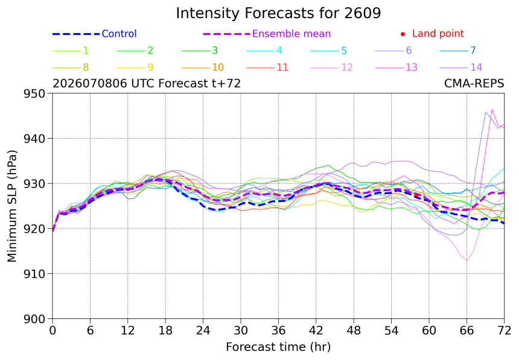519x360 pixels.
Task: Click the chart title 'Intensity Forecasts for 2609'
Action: [x=278, y=13]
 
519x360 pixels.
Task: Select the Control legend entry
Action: [x=94, y=34]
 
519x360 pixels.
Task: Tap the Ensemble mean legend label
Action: [x=291, y=34]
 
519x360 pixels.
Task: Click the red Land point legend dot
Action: [x=403, y=34]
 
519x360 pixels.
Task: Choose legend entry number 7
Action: [x=458, y=51]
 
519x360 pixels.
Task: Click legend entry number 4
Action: [x=264, y=51]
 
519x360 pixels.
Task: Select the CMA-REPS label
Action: [x=474, y=83]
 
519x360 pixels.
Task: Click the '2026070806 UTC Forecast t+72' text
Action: [x=147, y=83]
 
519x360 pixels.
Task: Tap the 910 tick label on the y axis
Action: [x=34, y=274]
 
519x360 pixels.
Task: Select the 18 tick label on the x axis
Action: [x=165, y=330]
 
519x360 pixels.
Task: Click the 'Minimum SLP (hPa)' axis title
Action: [x=12, y=206]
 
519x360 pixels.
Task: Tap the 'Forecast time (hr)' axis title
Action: [x=278, y=347]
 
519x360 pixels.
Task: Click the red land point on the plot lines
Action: [x=416, y=195]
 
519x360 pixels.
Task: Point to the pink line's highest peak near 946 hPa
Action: [x=492, y=109]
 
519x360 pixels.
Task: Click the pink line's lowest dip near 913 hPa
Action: [x=466, y=261]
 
